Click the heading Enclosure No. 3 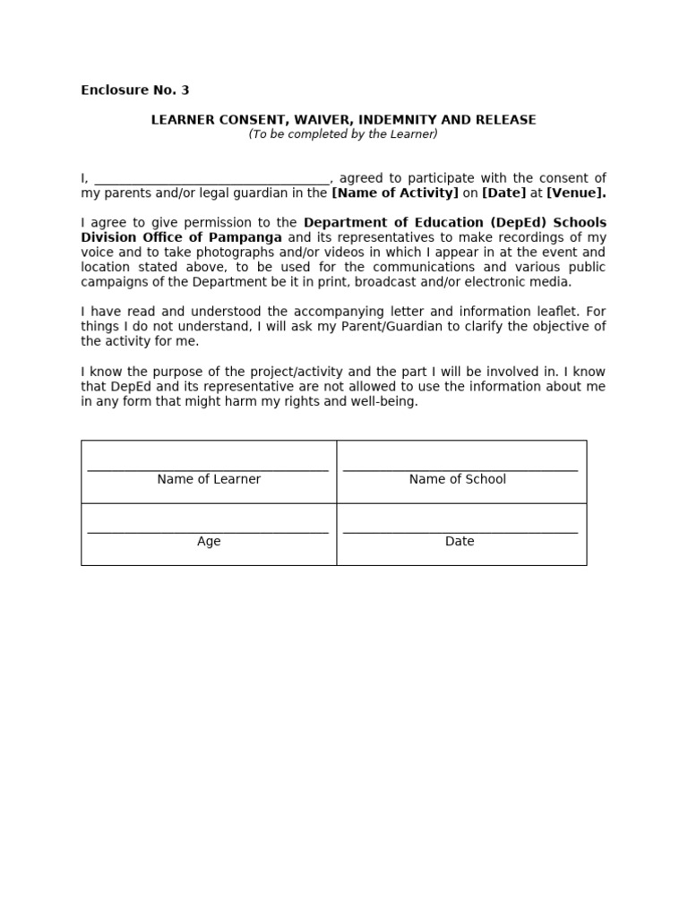pos(134,90)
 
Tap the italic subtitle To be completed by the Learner pos(343,134)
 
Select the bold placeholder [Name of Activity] pos(395,193)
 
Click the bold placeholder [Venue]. pos(576,193)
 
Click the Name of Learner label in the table pos(209,479)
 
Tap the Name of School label pos(457,479)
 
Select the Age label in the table pos(209,542)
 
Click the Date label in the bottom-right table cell pos(460,542)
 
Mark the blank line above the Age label pos(208,531)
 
